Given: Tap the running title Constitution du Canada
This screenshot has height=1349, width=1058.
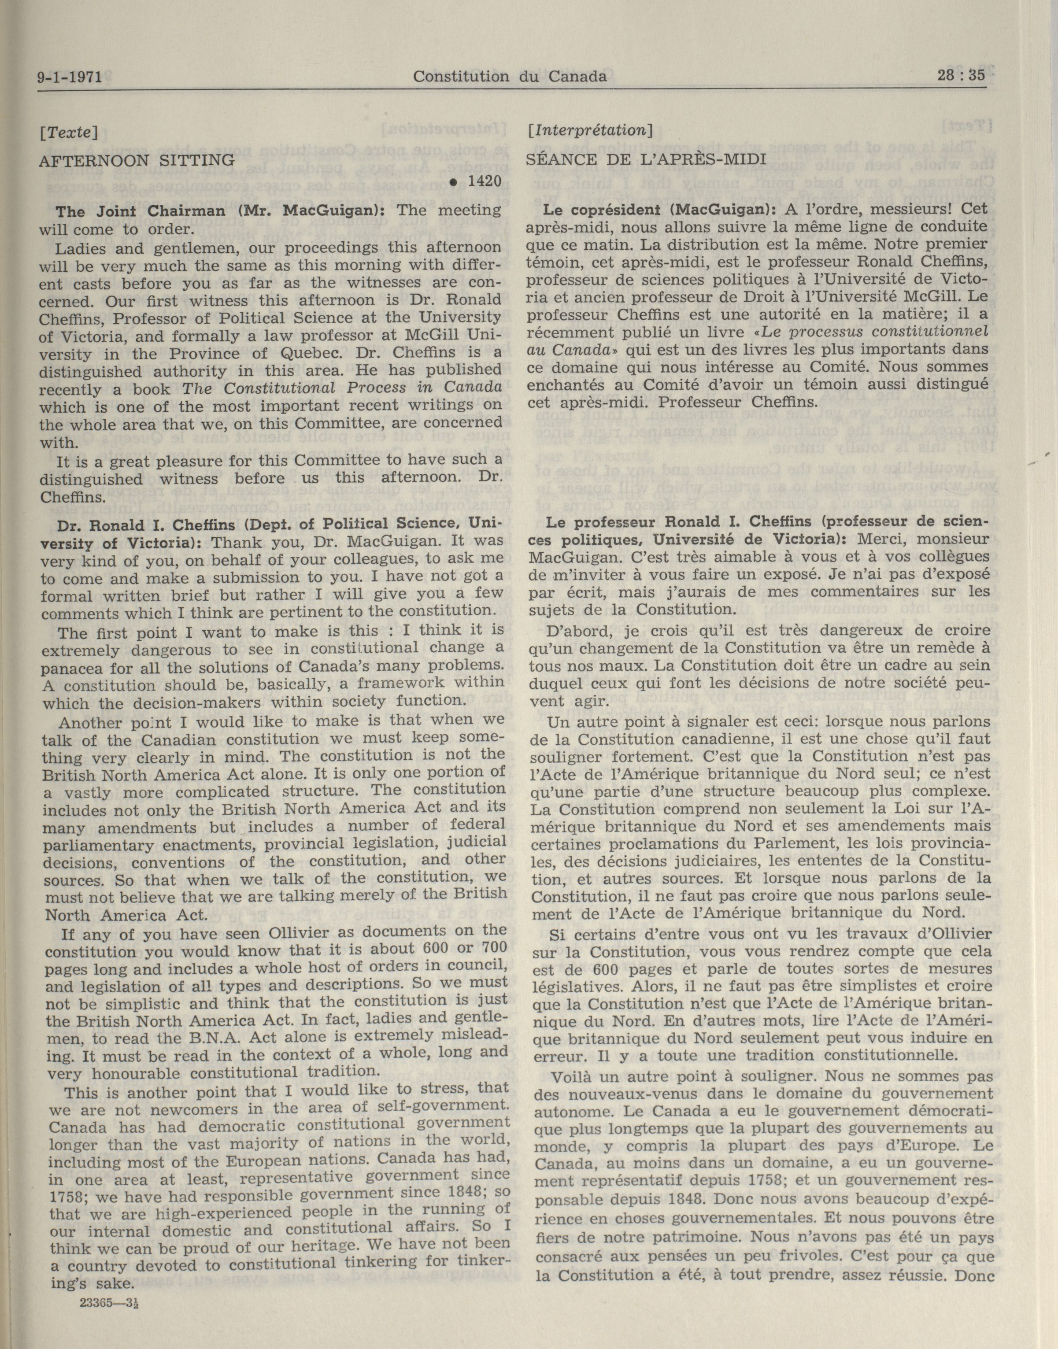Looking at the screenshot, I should coord(510,76).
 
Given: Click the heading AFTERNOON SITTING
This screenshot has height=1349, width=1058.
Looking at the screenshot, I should coord(136,160).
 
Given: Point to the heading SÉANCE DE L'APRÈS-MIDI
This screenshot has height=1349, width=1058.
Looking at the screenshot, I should coord(646,159).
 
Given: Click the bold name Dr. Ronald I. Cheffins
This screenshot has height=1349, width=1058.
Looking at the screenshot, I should coord(146,525).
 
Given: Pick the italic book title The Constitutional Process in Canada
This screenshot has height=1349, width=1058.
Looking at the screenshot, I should coord(342,388).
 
